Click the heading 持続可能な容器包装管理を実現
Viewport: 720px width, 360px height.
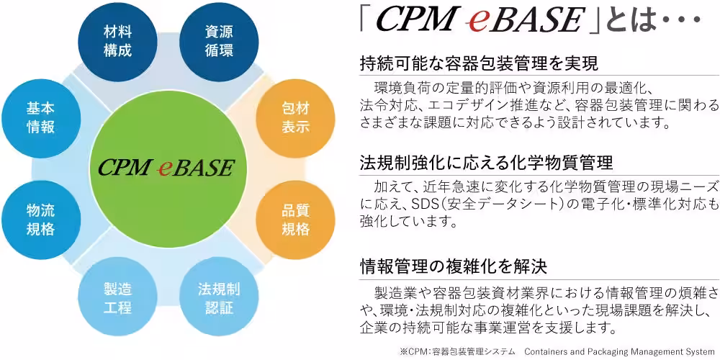pos(480,63)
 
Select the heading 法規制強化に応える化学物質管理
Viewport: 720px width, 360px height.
pos(486,163)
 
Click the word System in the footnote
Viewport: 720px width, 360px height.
pos(704,352)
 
